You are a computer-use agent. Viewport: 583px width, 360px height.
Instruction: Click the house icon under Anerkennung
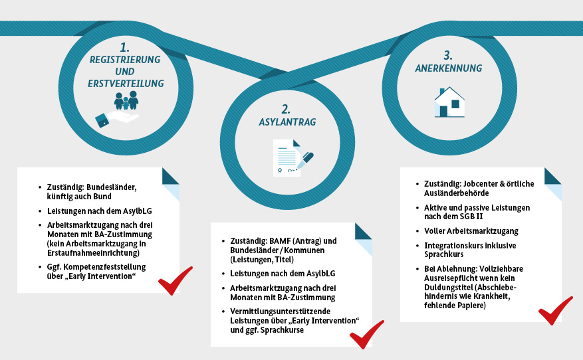click(449, 102)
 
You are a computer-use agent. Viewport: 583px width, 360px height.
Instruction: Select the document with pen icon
click(293, 158)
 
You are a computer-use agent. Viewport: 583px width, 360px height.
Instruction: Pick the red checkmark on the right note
click(555, 310)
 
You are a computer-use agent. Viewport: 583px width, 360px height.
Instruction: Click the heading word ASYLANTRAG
click(287, 123)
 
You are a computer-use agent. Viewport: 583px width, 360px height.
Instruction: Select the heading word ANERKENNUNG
click(448, 68)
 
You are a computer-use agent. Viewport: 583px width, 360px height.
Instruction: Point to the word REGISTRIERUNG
click(126, 60)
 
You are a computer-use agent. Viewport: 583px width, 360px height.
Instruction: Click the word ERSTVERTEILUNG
click(126, 84)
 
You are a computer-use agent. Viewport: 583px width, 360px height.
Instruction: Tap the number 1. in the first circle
click(125, 47)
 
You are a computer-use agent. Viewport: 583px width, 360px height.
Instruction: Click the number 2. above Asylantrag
click(286, 108)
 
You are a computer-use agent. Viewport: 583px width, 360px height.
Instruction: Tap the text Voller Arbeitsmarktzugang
click(466, 231)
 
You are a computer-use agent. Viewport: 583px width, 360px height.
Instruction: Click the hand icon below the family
click(116, 120)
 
